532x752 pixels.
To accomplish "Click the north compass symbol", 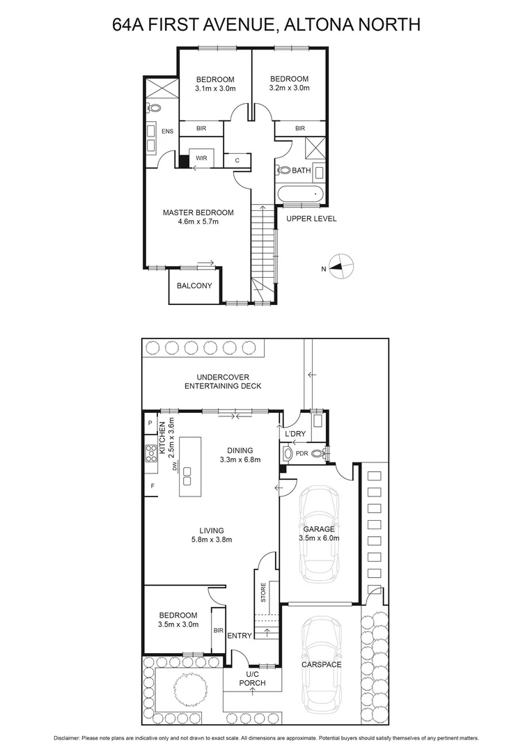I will coord(341,266).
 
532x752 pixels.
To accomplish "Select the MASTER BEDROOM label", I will coord(198,212).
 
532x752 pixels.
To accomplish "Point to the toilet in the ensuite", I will coord(154,109).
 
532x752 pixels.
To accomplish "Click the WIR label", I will coord(201,158).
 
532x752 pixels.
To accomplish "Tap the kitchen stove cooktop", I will coord(150,455).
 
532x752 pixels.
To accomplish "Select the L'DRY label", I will coord(296,434).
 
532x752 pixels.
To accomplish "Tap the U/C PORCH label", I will coord(253,679).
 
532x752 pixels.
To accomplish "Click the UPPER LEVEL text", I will coord(311,219).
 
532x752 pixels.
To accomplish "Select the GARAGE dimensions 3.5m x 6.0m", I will coord(318,538).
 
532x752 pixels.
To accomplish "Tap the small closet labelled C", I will coord(237,160).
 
